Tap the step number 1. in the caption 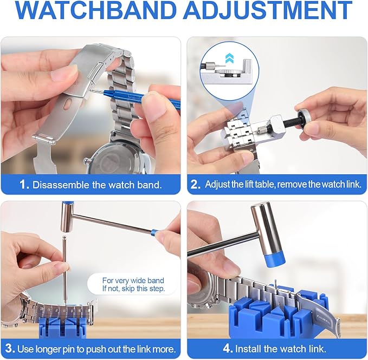click(x=24, y=185)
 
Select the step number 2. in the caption click(x=196, y=185)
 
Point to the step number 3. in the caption click(x=9, y=348)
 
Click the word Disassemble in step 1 click(x=57, y=185)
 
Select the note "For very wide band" click(x=133, y=280)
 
